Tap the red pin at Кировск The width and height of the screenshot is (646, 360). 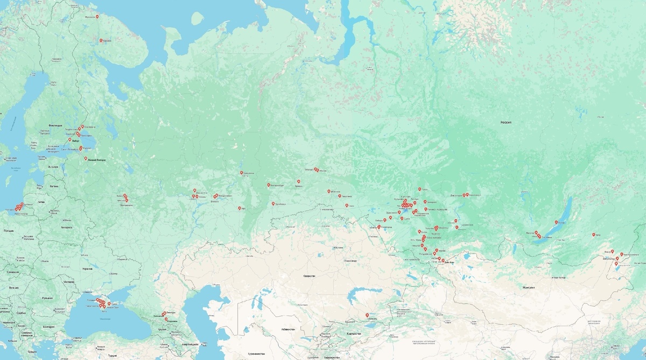[x=101, y=40]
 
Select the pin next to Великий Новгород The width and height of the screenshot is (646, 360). [x=86, y=159]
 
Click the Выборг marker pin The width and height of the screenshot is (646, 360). [x=69, y=140]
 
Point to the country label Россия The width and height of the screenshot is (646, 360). [x=505, y=123]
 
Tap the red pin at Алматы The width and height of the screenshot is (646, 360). [x=367, y=315]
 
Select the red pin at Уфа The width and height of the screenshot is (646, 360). [x=240, y=208]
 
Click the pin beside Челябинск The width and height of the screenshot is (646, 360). [x=273, y=203]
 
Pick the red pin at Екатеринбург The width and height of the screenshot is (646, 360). [x=269, y=185]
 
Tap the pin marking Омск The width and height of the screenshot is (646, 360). [x=346, y=205]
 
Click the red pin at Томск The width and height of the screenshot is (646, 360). [x=419, y=189]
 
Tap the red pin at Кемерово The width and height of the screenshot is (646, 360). [x=425, y=202]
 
